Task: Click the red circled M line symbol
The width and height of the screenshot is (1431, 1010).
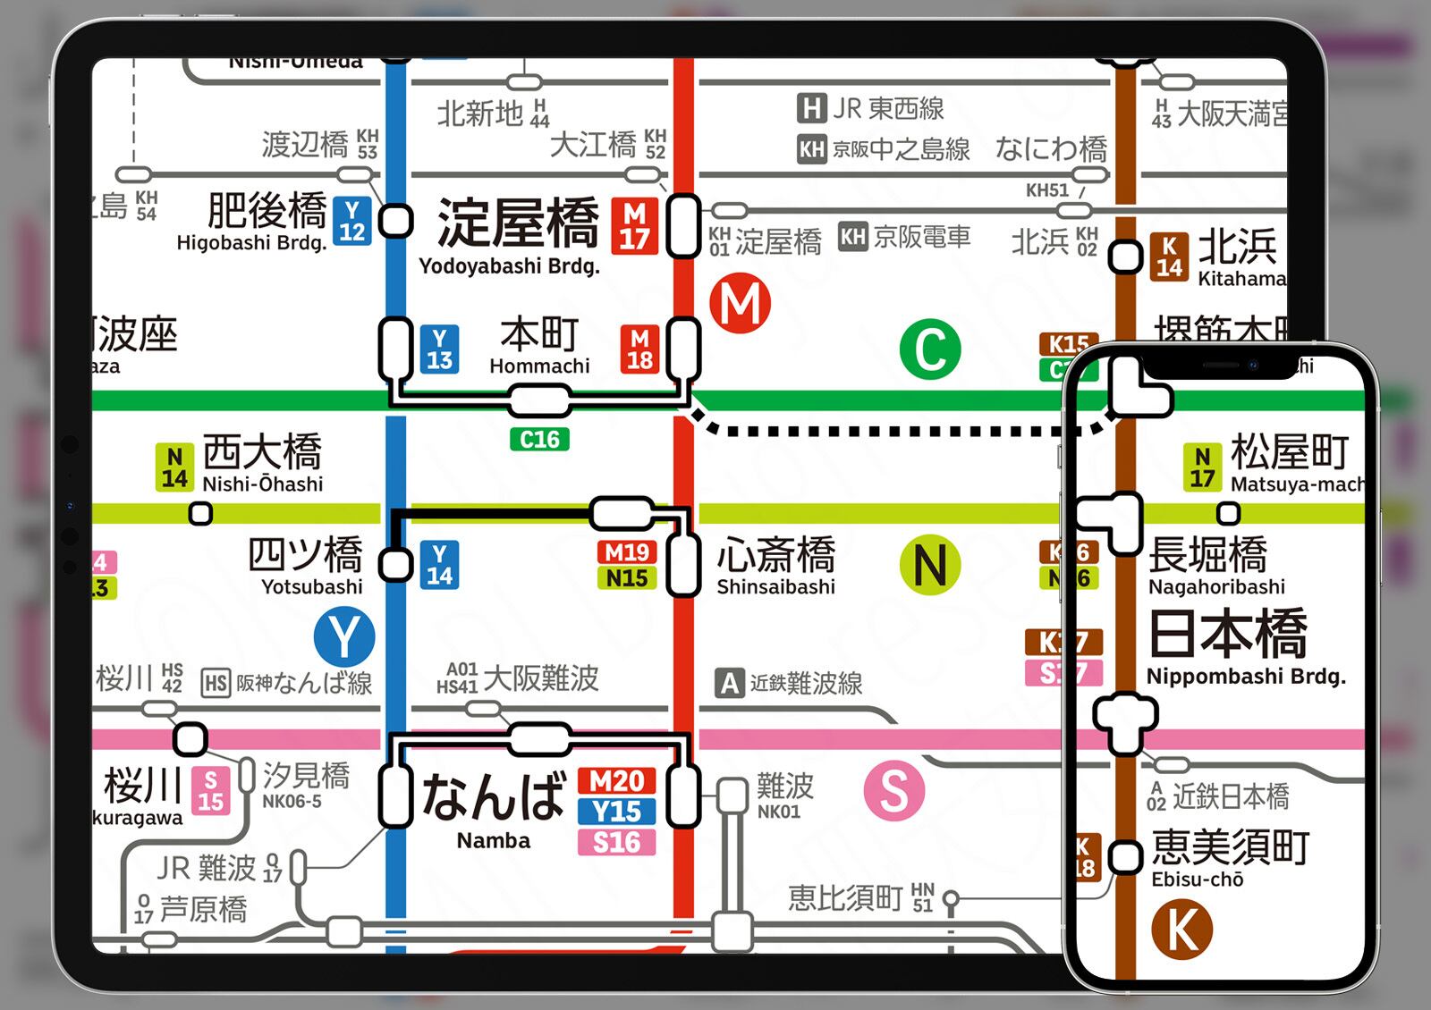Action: point(741,304)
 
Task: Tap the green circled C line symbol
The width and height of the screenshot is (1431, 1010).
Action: point(930,349)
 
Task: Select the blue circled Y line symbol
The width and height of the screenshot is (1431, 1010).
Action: point(344,637)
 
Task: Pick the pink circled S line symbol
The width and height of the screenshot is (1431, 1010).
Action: point(893,790)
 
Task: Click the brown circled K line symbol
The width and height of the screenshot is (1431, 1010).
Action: point(1181,930)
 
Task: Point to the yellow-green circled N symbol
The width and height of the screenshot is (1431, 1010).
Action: point(930,565)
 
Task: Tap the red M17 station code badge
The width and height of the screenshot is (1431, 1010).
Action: point(634,226)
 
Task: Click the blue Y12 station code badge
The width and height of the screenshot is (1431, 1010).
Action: point(351,221)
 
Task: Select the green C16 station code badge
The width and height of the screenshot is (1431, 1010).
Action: point(539,440)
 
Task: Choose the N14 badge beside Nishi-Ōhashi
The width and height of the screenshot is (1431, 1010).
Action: point(174,467)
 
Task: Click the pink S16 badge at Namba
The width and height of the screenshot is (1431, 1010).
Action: point(616,842)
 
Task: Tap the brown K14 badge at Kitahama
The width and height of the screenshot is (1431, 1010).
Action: point(1169,257)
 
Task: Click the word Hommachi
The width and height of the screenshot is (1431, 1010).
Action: point(539,366)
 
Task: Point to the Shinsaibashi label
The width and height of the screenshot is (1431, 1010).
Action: point(775,587)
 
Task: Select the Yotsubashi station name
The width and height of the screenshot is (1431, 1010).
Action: point(311,587)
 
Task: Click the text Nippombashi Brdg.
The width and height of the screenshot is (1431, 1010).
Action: point(1246,677)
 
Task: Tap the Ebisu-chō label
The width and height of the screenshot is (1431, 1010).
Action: point(1197,880)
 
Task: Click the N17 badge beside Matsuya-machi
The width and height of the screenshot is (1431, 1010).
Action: point(1202,467)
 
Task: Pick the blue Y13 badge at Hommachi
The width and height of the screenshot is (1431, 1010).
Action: point(439,349)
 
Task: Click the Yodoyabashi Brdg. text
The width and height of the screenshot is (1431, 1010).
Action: point(509,266)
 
